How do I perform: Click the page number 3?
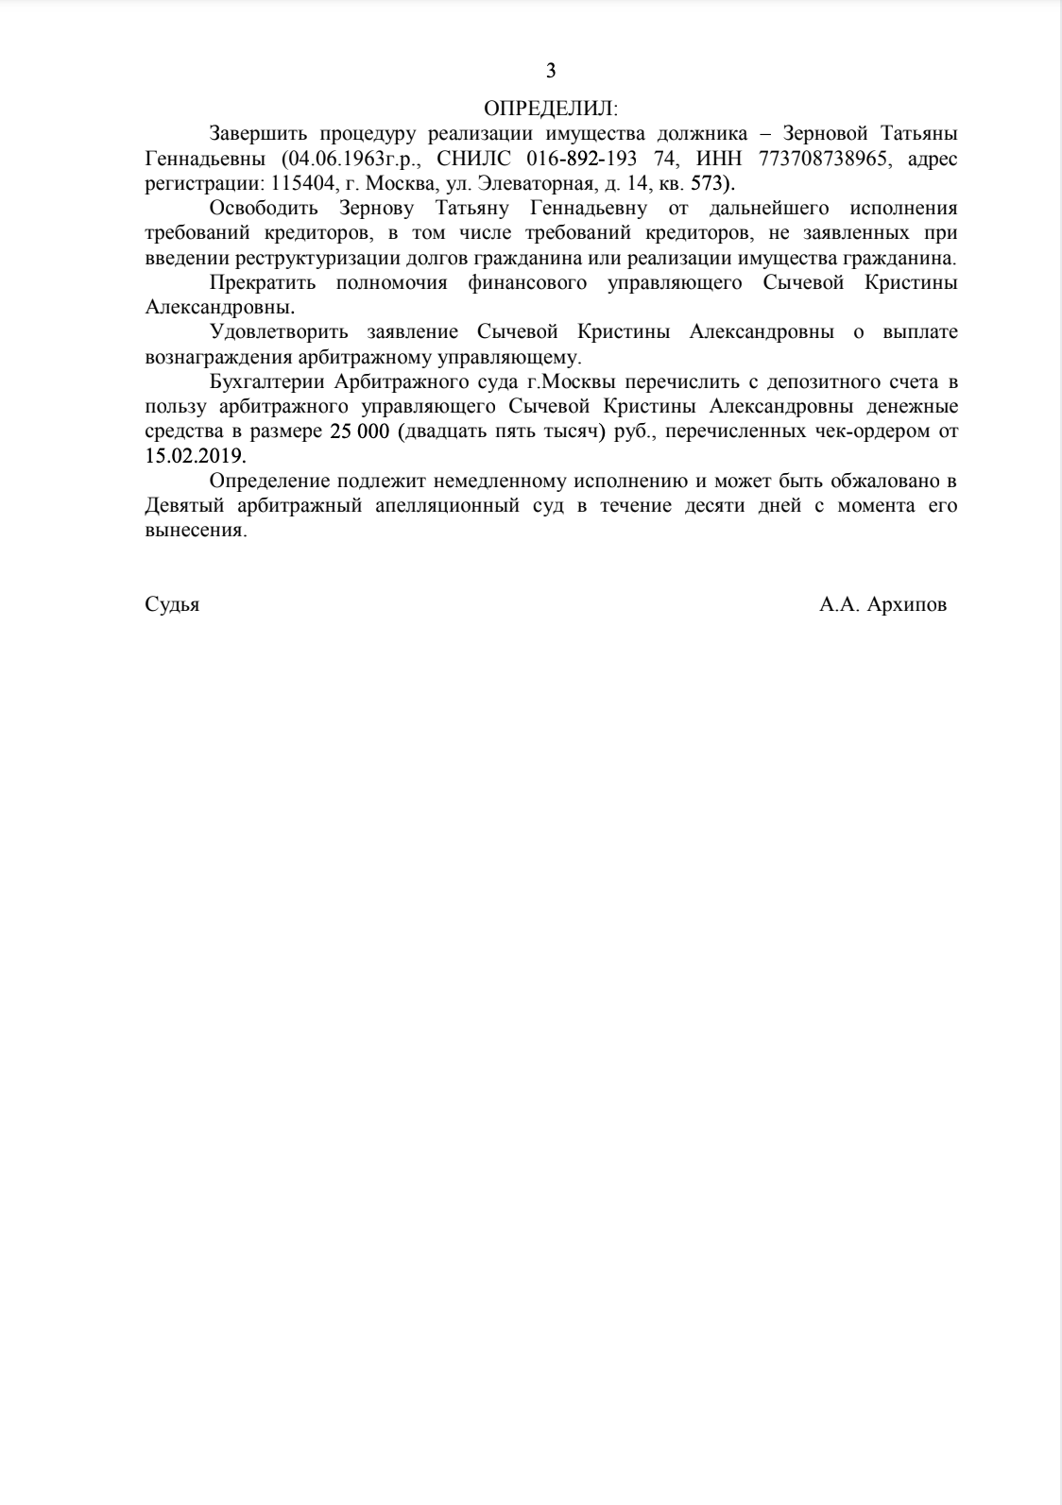[551, 71]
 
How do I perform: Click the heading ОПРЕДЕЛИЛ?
[549, 108]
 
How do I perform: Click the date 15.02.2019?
[194, 456]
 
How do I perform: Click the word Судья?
[172, 605]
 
